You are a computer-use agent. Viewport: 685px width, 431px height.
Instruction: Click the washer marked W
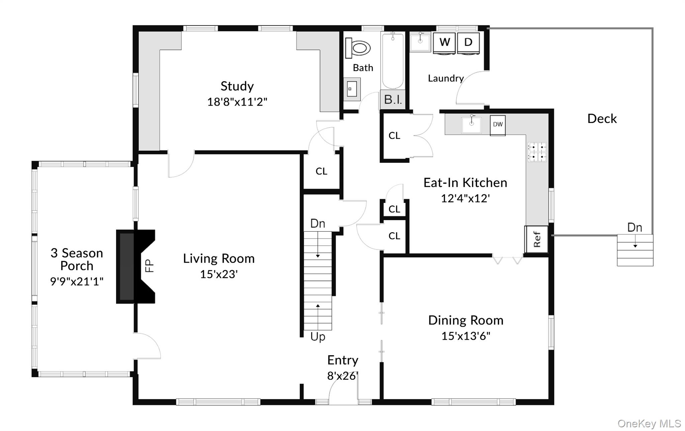click(444, 42)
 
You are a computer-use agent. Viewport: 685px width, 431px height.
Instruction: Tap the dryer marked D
click(468, 42)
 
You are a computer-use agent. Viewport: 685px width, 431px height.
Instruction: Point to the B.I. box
click(393, 100)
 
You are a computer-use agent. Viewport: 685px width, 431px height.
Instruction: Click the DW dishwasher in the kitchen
click(498, 125)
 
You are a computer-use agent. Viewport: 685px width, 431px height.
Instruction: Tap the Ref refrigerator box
click(536, 239)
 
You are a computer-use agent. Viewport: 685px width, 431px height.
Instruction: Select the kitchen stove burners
click(537, 152)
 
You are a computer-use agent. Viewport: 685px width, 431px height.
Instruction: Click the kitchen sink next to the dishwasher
click(471, 125)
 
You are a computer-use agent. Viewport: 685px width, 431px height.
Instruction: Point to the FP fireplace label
click(150, 266)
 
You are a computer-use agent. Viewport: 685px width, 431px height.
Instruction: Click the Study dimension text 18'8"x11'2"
click(237, 102)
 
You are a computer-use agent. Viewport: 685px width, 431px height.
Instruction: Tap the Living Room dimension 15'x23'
click(219, 274)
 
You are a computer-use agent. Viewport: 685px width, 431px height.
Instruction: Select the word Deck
click(602, 119)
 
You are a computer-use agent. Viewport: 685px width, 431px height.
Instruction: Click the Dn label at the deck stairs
click(634, 228)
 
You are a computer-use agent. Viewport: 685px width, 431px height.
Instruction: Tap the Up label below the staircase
click(317, 336)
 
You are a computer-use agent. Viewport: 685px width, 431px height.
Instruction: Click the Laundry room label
click(446, 79)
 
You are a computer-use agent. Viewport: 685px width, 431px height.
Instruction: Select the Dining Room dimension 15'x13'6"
click(466, 336)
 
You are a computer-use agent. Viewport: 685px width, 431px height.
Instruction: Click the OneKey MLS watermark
click(649, 423)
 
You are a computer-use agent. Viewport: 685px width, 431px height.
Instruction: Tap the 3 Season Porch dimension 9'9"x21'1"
click(77, 282)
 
